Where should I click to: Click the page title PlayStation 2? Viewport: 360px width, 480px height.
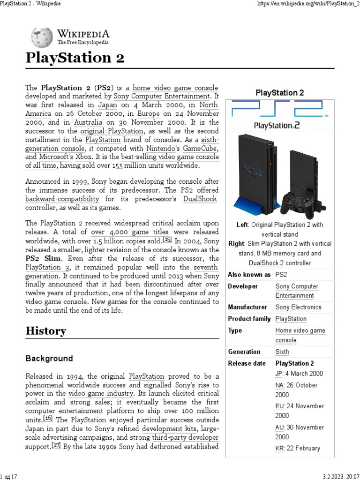coord(75,58)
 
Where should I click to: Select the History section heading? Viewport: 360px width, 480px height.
coord(45,331)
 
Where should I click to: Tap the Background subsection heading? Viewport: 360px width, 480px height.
coord(49,359)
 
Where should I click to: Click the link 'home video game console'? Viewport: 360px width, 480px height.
coord(175,88)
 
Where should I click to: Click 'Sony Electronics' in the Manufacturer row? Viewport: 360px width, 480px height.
coord(298,307)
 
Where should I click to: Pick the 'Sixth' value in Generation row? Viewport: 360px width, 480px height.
coord(282,352)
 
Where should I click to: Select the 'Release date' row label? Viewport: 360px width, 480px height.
coord(247,363)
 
